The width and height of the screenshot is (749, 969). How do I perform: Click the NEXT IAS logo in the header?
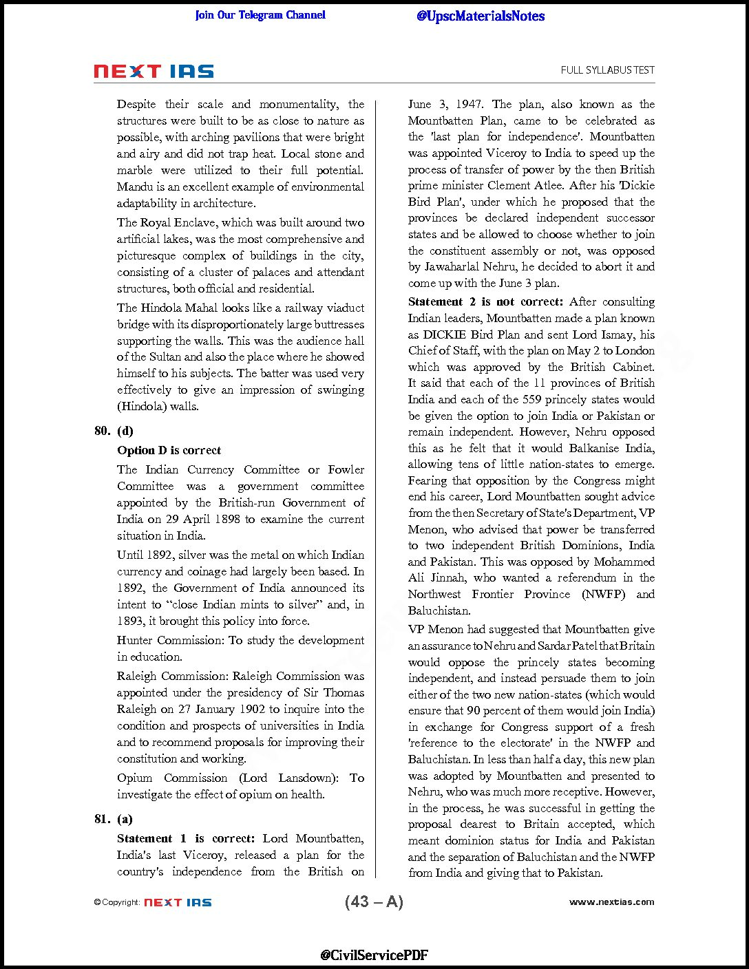[154, 72]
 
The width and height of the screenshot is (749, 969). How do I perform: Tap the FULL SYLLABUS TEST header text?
[607, 70]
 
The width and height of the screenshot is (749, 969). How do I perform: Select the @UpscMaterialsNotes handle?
[480, 16]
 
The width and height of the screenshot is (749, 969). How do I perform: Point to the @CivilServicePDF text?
[374, 955]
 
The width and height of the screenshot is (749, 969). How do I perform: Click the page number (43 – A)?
[374, 902]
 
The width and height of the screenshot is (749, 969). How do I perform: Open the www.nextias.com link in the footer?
[611, 902]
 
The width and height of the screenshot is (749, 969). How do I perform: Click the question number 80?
[102, 431]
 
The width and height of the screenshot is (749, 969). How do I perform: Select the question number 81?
[102, 819]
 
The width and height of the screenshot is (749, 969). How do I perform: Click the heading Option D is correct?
[169, 450]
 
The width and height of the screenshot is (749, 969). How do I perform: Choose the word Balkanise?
[597, 448]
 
